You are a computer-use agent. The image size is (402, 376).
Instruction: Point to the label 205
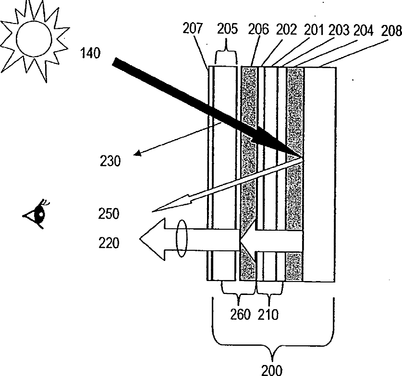coord(227,30)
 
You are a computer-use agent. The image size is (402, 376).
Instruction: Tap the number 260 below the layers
coord(241,315)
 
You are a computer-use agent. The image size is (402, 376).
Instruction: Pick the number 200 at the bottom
coord(272,370)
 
